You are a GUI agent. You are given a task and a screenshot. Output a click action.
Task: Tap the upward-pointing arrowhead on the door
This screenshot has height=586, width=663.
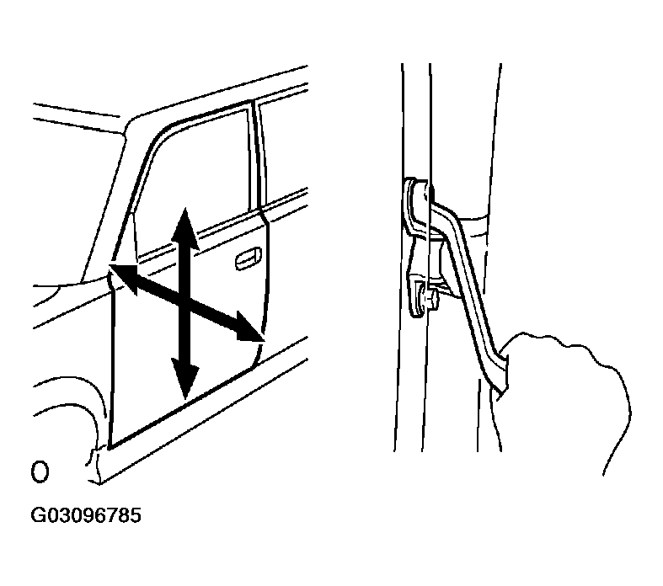184,228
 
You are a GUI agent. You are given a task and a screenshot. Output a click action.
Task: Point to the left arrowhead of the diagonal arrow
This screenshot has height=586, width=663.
124,278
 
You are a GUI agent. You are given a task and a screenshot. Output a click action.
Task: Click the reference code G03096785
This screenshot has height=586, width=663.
86,515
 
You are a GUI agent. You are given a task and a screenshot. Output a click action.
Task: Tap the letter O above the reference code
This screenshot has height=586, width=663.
40,471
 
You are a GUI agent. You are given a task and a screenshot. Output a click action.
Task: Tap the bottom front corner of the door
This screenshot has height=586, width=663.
110,449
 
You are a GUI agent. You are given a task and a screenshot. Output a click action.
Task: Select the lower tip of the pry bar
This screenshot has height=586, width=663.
500,397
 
